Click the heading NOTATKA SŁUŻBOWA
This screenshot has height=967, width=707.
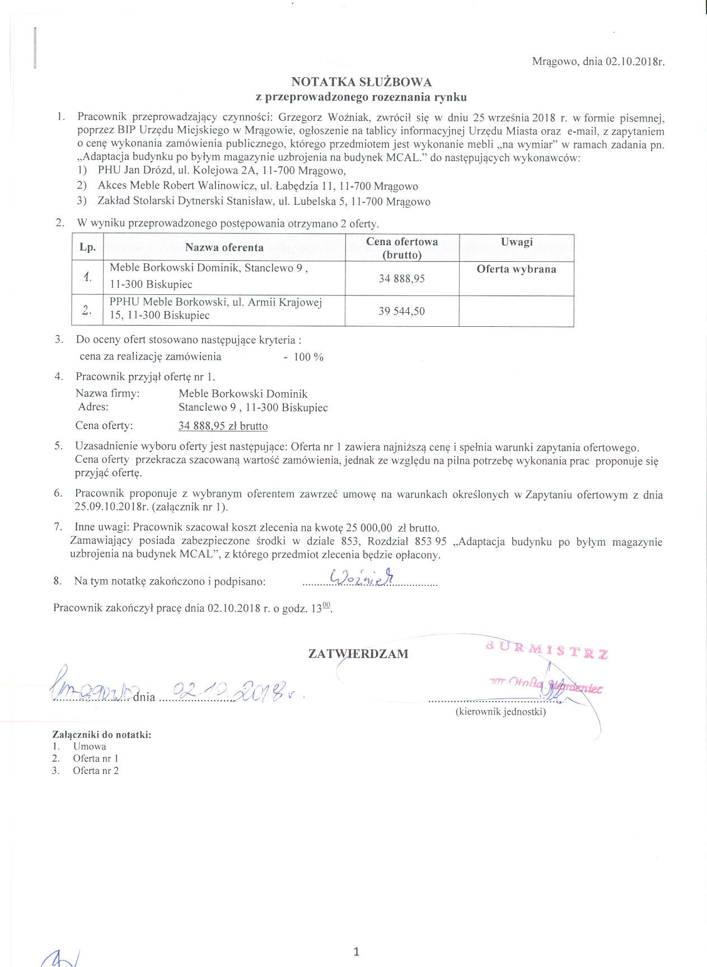tap(361, 82)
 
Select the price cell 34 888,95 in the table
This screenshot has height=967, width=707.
tap(401, 279)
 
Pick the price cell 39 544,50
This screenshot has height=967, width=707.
tap(401, 311)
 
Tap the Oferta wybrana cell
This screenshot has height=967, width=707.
tap(516, 269)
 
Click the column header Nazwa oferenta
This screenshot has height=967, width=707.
tap(224, 247)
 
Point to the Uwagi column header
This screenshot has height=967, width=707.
tap(516, 242)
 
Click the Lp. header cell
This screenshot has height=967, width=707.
tap(87, 247)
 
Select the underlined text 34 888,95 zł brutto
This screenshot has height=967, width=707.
tap(223, 426)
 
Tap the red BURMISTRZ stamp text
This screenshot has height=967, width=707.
tap(547, 651)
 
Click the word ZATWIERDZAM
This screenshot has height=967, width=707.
tap(358, 654)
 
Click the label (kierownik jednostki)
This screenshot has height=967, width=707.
tap(500, 712)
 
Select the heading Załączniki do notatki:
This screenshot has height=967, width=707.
tap(102, 735)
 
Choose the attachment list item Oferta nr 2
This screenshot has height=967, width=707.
tap(96, 771)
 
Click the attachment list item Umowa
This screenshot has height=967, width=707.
tap(90, 747)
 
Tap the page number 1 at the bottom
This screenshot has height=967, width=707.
tap(356, 951)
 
